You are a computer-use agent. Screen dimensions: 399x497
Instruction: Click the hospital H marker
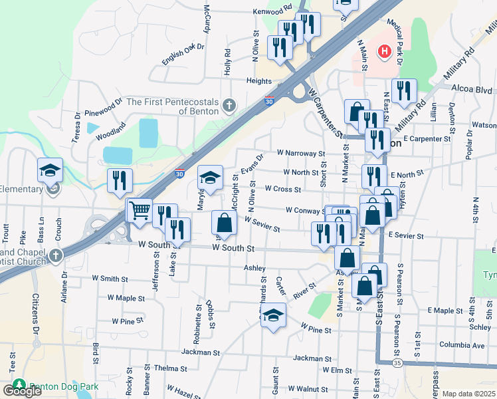click(x=383, y=51)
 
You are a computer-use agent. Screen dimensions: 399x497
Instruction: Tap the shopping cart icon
click(x=140, y=211)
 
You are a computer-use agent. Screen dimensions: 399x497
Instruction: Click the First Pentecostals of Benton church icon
click(x=229, y=105)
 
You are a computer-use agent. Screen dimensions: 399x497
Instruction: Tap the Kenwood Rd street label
click(x=272, y=11)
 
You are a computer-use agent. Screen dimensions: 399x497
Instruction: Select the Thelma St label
click(x=170, y=368)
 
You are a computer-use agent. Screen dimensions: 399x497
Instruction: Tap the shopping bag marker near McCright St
click(x=225, y=223)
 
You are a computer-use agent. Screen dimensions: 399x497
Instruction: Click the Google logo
click(x=22, y=391)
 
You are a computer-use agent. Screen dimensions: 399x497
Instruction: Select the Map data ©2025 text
click(x=469, y=394)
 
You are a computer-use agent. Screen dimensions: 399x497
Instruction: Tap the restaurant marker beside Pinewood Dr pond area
click(x=120, y=180)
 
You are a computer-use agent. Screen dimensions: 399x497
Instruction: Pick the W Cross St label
click(x=283, y=189)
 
